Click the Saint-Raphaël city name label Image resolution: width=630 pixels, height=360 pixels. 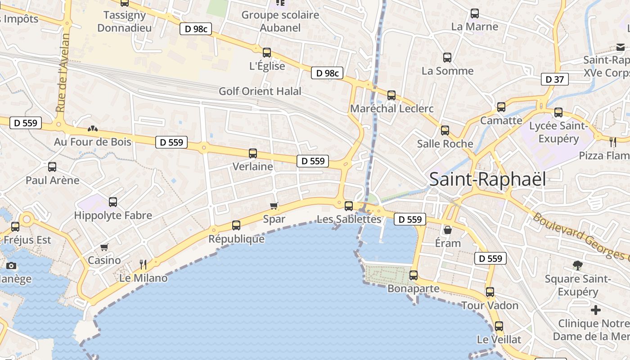(487, 179)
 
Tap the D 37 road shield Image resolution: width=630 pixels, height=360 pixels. (554, 79)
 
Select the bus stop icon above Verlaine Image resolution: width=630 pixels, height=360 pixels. (253, 153)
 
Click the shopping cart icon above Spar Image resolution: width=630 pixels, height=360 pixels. (274, 206)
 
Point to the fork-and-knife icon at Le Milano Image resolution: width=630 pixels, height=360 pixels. (143, 264)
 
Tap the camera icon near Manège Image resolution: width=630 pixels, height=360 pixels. (11, 265)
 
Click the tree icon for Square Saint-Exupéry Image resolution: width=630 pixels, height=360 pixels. (578, 265)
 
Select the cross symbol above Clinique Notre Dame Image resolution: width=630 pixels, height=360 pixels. (596, 310)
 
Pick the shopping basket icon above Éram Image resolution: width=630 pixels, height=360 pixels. (448, 230)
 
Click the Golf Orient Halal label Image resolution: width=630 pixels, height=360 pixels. (260, 91)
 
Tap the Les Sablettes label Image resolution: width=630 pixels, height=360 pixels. (349, 219)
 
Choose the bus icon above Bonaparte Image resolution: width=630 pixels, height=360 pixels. (413, 275)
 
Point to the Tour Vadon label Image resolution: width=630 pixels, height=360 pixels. (490, 306)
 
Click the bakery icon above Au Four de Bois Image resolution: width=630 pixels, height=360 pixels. (93, 129)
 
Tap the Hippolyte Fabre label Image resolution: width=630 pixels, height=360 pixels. (113, 215)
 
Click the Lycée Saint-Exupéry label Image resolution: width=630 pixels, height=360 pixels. (558, 132)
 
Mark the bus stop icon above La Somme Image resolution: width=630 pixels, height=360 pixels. (447, 58)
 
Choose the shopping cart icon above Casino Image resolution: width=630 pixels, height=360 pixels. (104, 247)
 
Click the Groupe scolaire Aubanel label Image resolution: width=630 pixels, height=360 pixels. (280, 21)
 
